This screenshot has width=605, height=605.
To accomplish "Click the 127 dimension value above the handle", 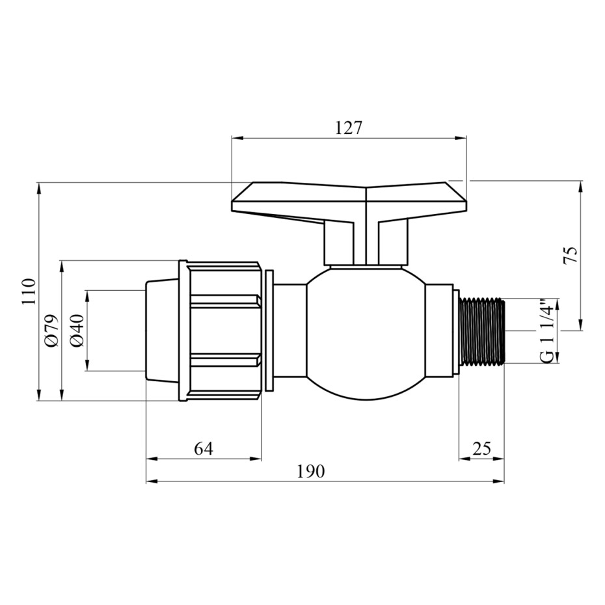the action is (x=349, y=128).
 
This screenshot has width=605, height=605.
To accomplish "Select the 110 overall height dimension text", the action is (x=28, y=291).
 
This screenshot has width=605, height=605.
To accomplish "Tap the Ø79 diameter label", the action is (x=51, y=330).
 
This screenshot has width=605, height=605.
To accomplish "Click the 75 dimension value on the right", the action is (x=571, y=254).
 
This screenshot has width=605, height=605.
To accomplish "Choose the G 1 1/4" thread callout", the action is (x=547, y=330).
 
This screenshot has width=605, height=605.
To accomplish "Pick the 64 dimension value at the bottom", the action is (x=204, y=448).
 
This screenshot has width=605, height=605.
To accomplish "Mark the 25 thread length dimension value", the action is (x=481, y=448).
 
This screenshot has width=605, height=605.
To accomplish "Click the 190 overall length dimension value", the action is (x=310, y=471).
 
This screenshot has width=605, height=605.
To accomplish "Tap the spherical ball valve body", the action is (x=366, y=333).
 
